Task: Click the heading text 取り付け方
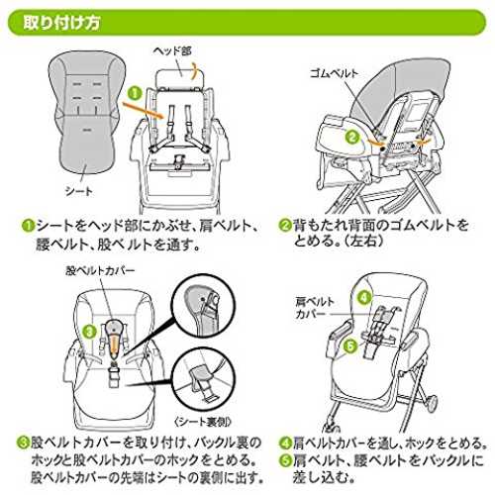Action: tap(61, 23)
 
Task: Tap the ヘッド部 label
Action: tap(172, 50)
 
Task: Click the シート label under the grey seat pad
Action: tap(79, 191)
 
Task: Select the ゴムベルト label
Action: tap(334, 73)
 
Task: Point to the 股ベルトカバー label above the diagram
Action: tap(100, 271)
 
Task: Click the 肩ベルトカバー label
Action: tap(315, 308)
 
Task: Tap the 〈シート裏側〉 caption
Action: tap(203, 422)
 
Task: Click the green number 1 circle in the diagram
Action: tap(135, 93)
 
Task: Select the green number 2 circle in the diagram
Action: tap(352, 137)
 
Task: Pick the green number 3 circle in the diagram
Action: tap(89, 331)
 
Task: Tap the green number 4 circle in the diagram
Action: tap(364, 298)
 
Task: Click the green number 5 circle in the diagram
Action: tap(350, 346)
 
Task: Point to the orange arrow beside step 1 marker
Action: tap(144, 110)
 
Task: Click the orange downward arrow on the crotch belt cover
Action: tap(114, 346)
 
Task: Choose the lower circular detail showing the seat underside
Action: tap(204, 379)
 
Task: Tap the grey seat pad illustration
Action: tap(86, 112)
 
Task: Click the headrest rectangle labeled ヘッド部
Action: tap(181, 78)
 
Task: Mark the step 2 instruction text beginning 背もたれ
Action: tap(380, 233)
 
